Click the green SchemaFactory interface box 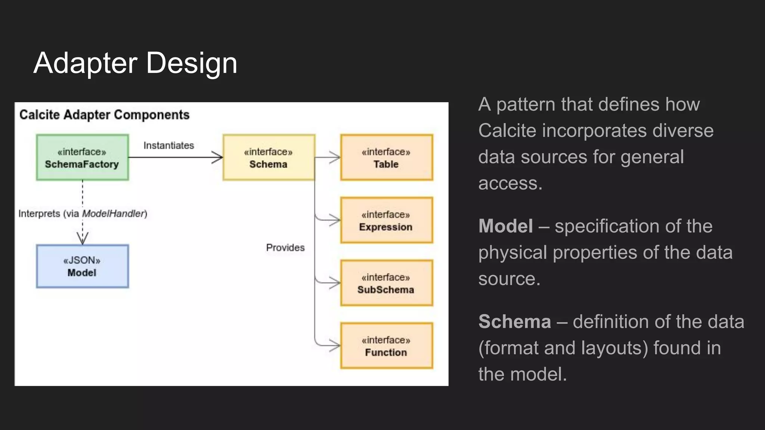point(82,158)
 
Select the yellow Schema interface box point(269,158)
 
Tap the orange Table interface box point(386,158)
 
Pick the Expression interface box point(386,220)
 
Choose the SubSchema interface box point(386,283)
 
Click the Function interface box point(386,346)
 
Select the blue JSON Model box point(82,266)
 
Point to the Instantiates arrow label point(169,146)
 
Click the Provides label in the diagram point(285,247)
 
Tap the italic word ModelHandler point(113,214)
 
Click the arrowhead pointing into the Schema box point(218,158)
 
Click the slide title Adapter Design point(135,63)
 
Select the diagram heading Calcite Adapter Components point(104,115)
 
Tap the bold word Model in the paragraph point(505,226)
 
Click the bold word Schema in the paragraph point(514,322)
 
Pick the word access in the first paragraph point(510,183)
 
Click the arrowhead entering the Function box point(335,346)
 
